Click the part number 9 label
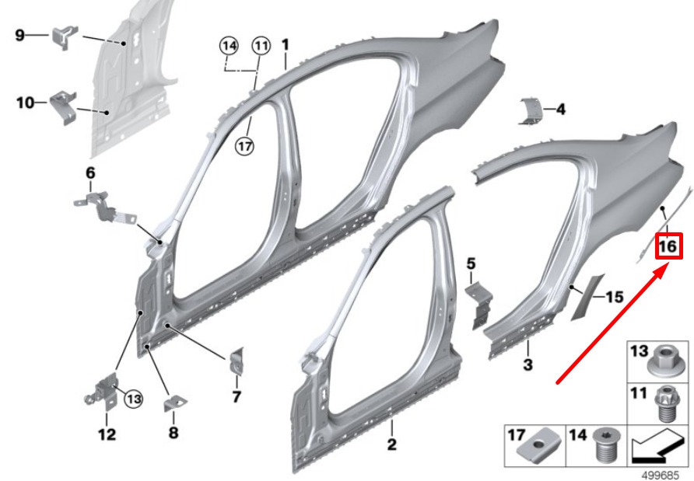(x=20, y=35)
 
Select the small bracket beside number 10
(x=63, y=107)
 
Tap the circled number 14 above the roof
(x=229, y=46)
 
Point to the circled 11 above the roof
(x=261, y=46)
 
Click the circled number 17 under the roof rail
(x=245, y=145)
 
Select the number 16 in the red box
(x=668, y=246)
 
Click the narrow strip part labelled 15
(x=587, y=297)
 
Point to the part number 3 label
(x=528, y=364)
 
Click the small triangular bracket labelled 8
(x=175, y=403)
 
